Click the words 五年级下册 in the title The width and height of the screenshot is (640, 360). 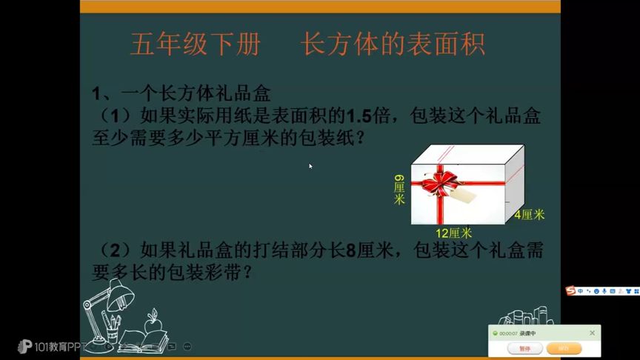[x=195, y=45]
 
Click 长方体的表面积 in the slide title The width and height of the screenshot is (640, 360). [x=393, y=45]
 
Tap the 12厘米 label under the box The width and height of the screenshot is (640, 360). [x=453, y=233]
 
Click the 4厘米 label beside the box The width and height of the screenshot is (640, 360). [x=530, y=215]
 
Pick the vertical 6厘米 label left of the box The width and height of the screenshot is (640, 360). [x=399, y=190]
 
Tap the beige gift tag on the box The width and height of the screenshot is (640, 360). [x=465, y=193]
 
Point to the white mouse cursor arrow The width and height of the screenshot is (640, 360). [x=310, y=166]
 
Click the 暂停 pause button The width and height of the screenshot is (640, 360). [x=524, y=348]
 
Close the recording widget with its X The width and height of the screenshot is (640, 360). [x=592, y=333]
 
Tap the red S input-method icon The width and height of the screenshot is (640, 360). [x=570, y=290]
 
